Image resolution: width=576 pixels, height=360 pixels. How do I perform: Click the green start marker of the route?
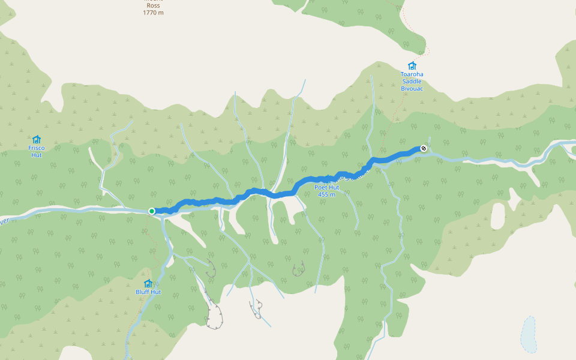pos(152,211)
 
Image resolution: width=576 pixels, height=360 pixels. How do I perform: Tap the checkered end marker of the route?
pos(424,148)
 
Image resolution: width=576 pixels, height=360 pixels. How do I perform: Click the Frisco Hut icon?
pos(37,139)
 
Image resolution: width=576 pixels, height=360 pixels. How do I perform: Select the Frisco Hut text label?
pos(37,151)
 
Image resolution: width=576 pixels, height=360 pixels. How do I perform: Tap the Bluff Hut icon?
pos(148,283)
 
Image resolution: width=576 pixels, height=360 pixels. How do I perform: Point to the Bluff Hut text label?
pos(148,292)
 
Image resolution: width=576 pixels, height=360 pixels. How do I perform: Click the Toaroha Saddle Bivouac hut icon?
pos(412,66)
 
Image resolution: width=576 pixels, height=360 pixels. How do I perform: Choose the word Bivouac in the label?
pos(412,89)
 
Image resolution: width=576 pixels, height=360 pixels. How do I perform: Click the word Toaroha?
pos(412,74)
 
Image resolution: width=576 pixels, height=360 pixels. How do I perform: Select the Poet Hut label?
pos(327,187)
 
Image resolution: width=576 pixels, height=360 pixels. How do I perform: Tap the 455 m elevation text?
pos(326,194)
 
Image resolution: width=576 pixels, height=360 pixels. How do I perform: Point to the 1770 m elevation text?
pos(153,13)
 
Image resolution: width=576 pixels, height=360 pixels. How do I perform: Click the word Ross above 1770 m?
pos(153,5)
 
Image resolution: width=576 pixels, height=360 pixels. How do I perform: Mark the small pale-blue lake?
pos(529,335)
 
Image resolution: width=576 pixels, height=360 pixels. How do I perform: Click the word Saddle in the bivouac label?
pos(412,82)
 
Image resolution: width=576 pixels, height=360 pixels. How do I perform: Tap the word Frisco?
pos(37,148)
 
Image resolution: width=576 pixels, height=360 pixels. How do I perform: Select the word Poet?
pos(322,187)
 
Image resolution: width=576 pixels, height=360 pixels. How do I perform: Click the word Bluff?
pos(142,292)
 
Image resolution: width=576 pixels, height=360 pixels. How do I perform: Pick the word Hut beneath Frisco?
pos(37,155)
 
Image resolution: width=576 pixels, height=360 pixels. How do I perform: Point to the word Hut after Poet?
pos(334,187)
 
